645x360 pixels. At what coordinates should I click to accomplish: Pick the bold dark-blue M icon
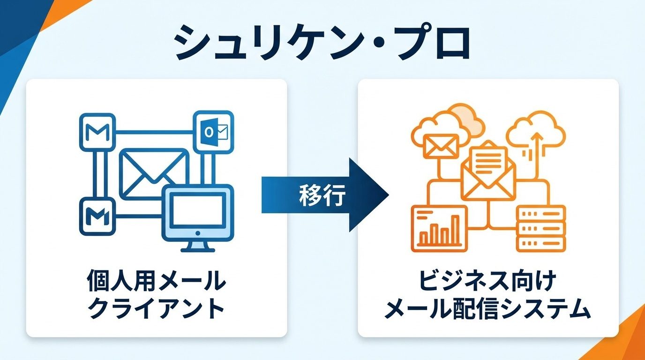click(x=97, y=216)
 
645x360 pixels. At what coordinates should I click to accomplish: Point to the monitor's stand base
click(x=197, y=248)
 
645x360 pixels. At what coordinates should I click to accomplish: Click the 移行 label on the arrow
click(x=322, y=195)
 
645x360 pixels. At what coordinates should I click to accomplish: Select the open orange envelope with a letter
click(x=488, y=169)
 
